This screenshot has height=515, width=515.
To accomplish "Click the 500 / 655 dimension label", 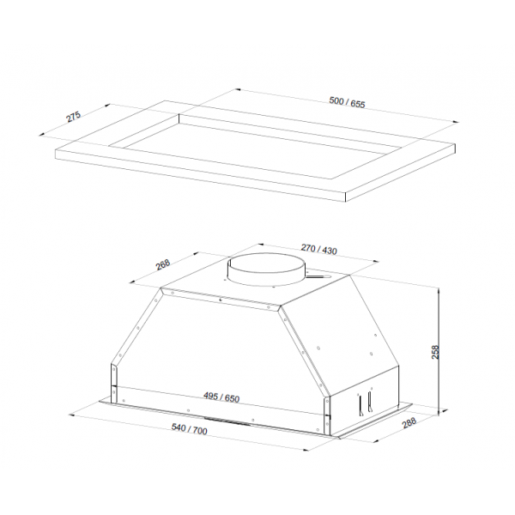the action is tap(347, 102).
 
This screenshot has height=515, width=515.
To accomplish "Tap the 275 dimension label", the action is tap(74, 117).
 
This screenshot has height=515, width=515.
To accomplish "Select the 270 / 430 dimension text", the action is tap(319, 249).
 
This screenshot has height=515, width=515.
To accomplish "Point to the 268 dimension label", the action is tap(163, 264).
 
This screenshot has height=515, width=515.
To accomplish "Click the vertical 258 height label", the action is tap(435, 352).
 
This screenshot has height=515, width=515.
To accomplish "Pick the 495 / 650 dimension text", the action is tap(221, 397).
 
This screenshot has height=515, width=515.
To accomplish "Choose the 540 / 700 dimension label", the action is tap(190, 429).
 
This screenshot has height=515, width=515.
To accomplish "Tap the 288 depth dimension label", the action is tap(409, 422).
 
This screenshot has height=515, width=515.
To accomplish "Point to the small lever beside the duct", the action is tap(318, 276).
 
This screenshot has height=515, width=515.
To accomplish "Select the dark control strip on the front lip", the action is tap(227, 421).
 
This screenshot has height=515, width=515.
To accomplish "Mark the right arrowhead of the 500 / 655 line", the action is tap(456, 122).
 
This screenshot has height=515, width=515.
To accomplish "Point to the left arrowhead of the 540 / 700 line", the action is tap(71, 415).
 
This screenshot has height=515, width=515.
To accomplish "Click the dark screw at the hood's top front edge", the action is tap(221, 300).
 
